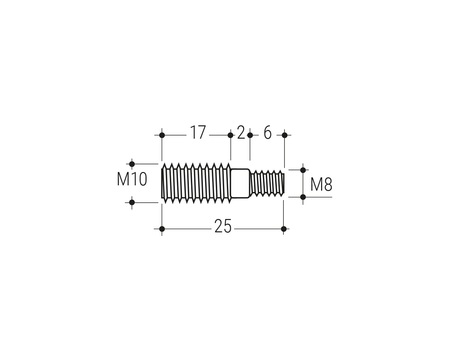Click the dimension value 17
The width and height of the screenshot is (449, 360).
(198, 132)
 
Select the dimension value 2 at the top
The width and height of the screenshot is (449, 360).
(241, 132)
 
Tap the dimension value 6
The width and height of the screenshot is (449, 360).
(268, 132)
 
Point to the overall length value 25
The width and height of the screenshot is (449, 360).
(223, 226)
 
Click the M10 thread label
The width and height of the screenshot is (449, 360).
(132, 179)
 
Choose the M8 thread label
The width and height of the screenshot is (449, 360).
(321, 184)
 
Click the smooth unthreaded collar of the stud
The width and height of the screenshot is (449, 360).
(240, 183)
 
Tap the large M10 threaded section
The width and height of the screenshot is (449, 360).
(196, 183)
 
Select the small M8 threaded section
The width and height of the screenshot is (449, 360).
(267, 183)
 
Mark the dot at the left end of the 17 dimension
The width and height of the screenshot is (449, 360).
(162, 135)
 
